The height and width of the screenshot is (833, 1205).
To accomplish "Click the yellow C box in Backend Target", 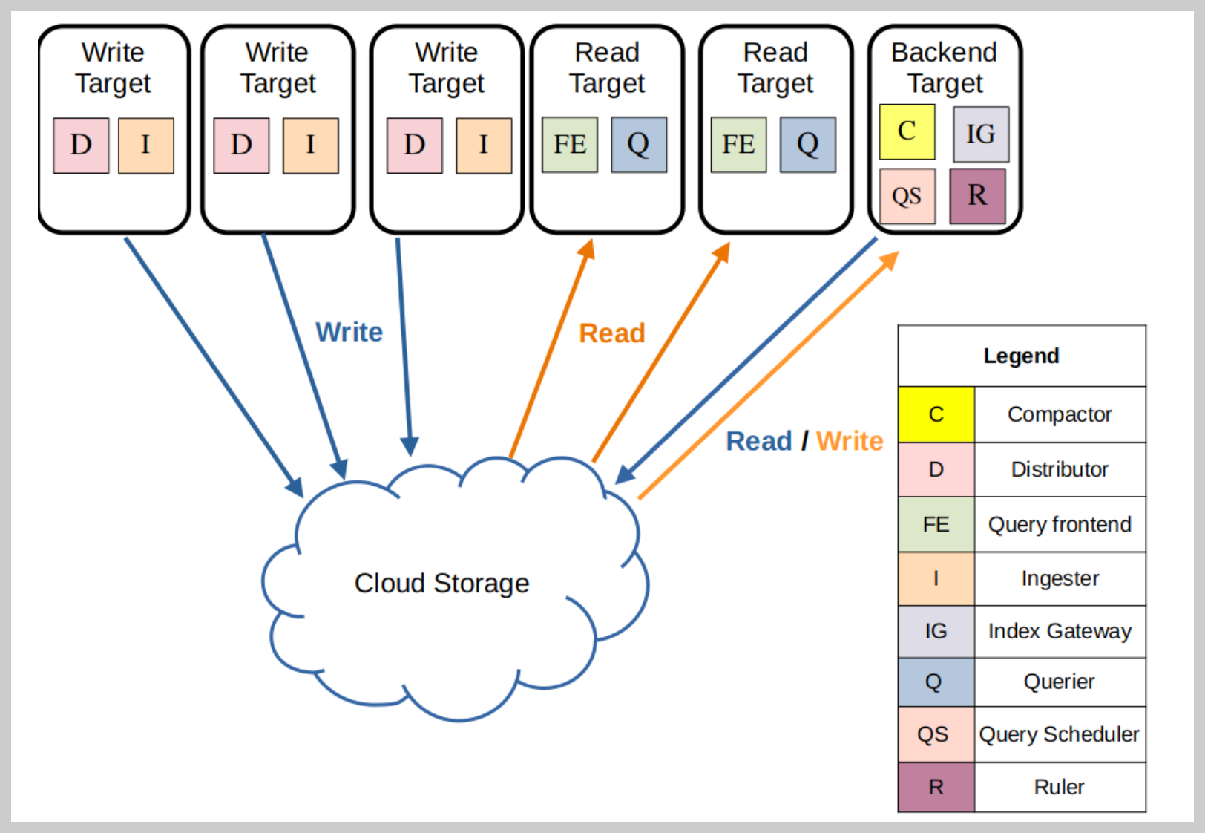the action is (x=907, y=132).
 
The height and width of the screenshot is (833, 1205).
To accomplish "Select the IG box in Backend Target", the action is (x=981, y=134).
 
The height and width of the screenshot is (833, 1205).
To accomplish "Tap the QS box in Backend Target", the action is (x=907, y=196).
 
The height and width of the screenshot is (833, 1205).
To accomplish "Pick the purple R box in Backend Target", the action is (x=977, y=196).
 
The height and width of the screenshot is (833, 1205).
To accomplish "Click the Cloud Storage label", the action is (x=441, y=584).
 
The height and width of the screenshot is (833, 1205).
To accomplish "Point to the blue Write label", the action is (x=349, y=332).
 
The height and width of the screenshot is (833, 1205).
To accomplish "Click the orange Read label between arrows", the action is (x=611, y=333).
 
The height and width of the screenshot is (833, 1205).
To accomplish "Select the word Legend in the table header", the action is (x=1021, y=356).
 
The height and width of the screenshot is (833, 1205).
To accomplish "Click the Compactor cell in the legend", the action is (x=1060, y=414).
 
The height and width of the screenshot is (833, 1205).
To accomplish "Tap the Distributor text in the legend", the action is (x=1060, y=469).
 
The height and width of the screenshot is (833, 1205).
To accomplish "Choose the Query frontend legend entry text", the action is (x=1060, y=525).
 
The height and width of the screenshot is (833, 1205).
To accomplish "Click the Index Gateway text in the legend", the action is (x=1060, y=631).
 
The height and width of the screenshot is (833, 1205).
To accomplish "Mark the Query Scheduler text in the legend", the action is (x=1060, y=734).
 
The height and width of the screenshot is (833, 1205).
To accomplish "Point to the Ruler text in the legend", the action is (x=1060, y=787).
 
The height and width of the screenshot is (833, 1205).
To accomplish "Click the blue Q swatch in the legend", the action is (x=936, y=682).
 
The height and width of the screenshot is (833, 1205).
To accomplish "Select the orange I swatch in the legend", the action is (x=936, y=578).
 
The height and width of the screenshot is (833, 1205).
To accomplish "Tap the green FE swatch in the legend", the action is (x=936, y=524).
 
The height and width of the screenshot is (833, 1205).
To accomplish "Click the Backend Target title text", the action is (x=945, y=68).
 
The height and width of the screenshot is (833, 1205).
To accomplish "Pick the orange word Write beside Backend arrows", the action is (x=850, y=441).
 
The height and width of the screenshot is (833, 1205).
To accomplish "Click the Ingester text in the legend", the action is (x=1060, y=579).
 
